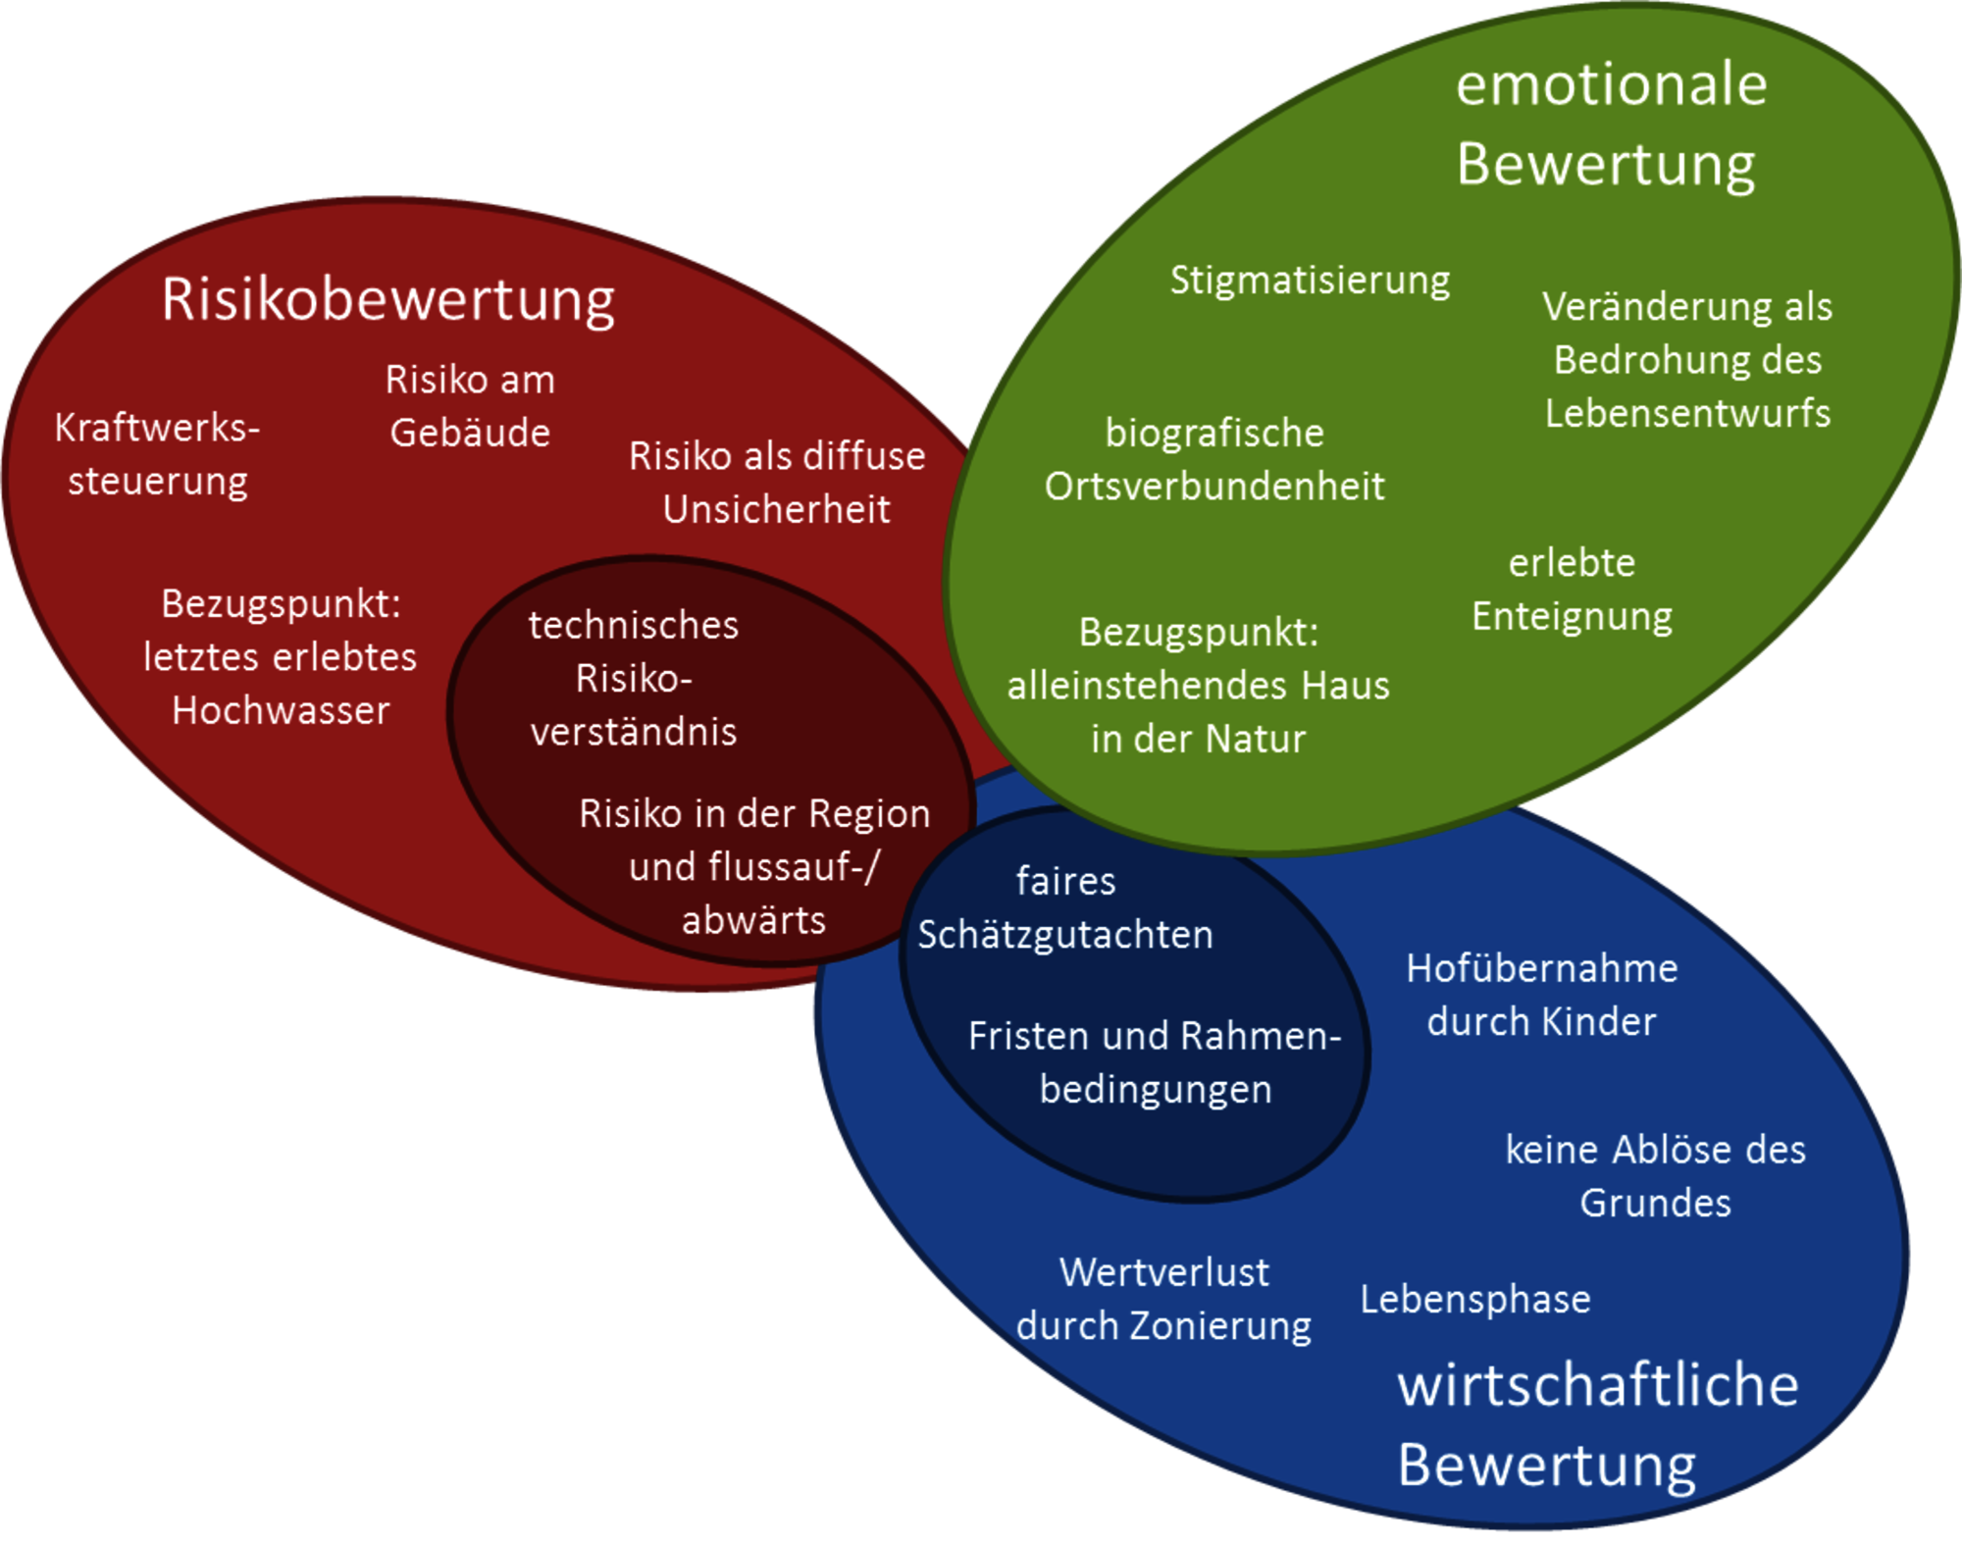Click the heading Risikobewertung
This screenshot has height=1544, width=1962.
click(388, 300)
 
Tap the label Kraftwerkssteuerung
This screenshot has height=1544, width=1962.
click(157, 454)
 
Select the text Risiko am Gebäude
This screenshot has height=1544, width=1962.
click(470, 406)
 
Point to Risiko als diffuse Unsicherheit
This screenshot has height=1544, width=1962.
click(777, 483)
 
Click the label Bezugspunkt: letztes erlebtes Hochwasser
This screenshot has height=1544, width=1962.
click(281, 656)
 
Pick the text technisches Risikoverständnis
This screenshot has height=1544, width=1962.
click(634, 678)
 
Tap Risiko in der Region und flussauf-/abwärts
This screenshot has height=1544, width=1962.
click(754, 866)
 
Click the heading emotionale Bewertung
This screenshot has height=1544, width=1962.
click(1611, 124)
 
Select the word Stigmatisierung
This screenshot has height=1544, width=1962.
click(1310, 281)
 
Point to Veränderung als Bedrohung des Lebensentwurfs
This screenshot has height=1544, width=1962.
click(1687, 359)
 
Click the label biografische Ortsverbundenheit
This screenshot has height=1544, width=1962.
click(1214, 459)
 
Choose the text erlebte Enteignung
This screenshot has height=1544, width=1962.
click(1572, 590)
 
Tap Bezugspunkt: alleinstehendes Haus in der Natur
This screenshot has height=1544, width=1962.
click(1198, 685)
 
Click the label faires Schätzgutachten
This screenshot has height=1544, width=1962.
click(1065, 907)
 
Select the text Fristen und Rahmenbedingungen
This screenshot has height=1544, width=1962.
click(1155, 1062)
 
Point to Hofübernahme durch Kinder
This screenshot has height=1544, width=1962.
click(1542, 995)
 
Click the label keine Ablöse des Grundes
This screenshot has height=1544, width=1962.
click(1656, 1175)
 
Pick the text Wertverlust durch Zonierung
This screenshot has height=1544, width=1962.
click(1163, 1299)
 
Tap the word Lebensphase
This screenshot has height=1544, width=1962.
click(1475, 1300)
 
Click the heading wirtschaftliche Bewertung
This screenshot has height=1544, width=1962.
click(1598, 1424)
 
